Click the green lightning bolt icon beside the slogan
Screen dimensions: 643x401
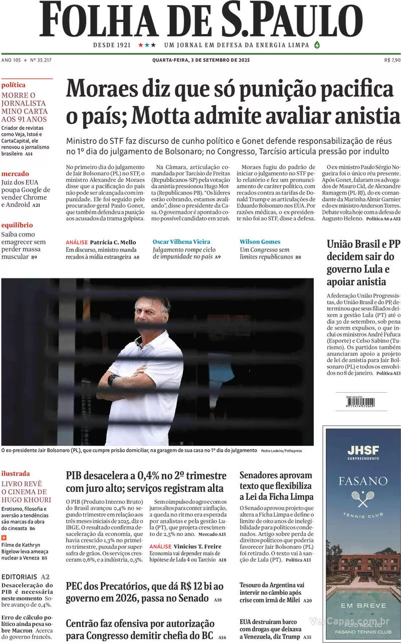coord(317,45)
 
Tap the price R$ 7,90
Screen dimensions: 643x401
coord(392,60)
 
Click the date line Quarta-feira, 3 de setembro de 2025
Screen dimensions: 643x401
coord(200,60)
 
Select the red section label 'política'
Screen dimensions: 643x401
coord(14,85)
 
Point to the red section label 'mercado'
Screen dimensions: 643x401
coord(15,174)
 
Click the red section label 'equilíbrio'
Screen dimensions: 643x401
coord(17,225)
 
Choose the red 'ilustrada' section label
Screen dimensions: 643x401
coord(16,473)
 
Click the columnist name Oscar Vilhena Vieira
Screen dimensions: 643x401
coord(181,242)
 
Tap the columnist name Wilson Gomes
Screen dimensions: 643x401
coord(260,242)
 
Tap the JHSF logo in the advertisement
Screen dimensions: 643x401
coord(363,450)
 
